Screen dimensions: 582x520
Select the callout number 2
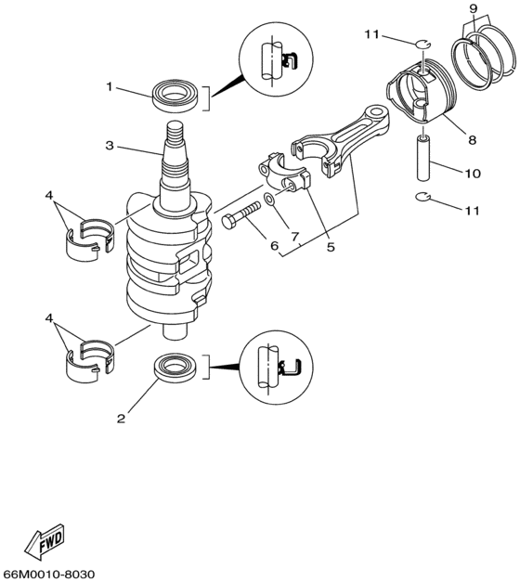(x=121, y=418)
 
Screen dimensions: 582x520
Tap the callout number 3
(x=109, y=146)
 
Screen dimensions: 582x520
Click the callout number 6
(x=274, y=246)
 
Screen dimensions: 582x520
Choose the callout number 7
(x=296, y=237)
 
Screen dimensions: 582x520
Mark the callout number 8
(x=472, y=140)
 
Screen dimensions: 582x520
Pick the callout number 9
(x=473, y=8)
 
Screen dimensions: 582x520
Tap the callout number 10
(x=473, y=173)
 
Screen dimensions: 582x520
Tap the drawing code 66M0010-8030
(x=49, y=574)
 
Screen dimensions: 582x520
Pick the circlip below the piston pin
(x=422, y=197)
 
